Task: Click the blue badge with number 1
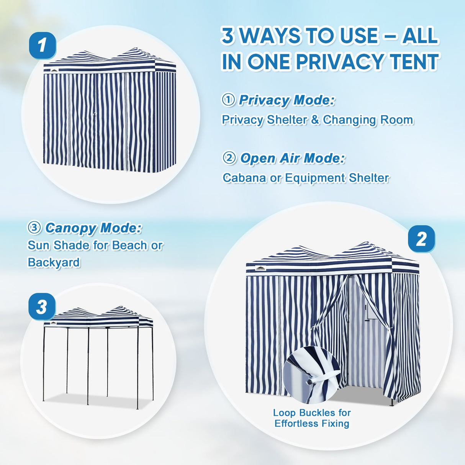[x=43, y=46]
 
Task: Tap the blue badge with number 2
[x=421, y=239]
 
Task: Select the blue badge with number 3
[x=42, y=307]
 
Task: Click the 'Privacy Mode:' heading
[x=287, y=100]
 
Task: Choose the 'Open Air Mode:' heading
[x=292, y=158]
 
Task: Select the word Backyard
[x=54, y=262]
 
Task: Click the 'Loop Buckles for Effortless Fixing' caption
[x=312, y=418]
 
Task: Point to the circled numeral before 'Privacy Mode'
[x=228, y=100]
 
